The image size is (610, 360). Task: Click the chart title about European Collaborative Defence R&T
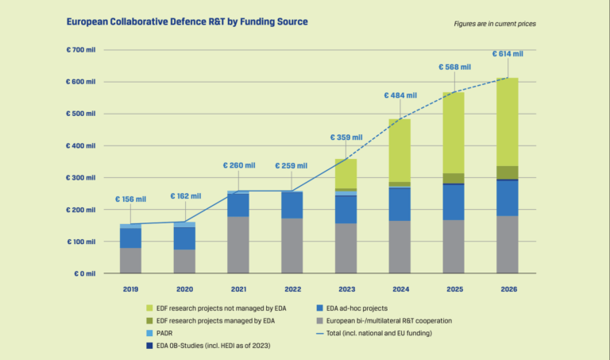187,23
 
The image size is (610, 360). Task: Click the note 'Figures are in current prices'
494,24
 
